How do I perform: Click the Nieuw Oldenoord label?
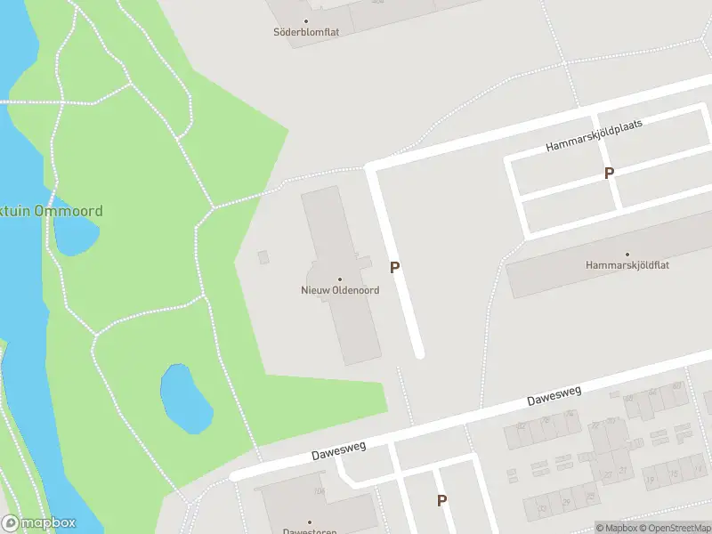pyautogui.click(x=339, y=290)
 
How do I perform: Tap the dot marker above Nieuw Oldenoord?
pyautogui.click(x=339, y=279)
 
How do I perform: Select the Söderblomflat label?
pyautogui.click(x=306, y=32)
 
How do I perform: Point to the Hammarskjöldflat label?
pyautogui.click(x=627, y=265)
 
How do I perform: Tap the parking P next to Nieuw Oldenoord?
pyautogui.click(x=394, y=267)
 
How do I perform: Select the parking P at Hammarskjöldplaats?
pyautogui.click(x=609, y=174)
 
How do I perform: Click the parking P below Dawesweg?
pyautogui.click(x=441, y=501)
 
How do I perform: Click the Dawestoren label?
pyautogui.click(x=310, y=531)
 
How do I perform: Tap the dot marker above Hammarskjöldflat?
pyautogui.click(x=627, y=254)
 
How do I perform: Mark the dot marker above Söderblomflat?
pyautogui.click(x=306, y=20)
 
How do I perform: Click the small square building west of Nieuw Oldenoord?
pyautogui.click(x=263, y=257)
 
